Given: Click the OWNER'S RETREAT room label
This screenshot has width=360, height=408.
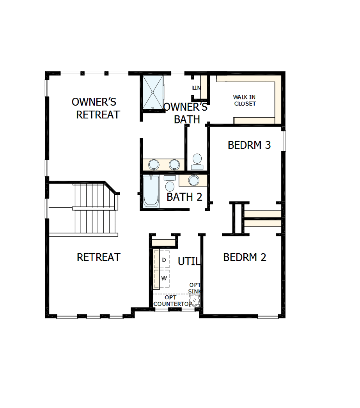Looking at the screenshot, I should [96, 108].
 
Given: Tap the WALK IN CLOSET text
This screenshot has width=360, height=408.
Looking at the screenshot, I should [245, 101].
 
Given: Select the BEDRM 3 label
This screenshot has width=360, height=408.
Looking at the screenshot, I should [249, 145].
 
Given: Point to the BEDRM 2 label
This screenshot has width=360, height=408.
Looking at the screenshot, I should [245, 257].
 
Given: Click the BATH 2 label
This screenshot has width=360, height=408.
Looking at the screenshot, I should [184, 197].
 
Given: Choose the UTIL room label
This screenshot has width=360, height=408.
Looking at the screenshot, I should [189, 261].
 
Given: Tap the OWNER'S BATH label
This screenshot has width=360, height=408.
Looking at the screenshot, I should [186, 113].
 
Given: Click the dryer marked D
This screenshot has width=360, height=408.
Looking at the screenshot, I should [164, 260].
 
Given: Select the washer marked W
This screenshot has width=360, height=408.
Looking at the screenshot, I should [164, 278].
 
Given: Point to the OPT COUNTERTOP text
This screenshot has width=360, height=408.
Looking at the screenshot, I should [172, 301].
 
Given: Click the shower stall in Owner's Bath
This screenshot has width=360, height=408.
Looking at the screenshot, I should [153, 92].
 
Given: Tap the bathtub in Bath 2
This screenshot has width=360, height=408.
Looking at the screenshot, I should [151, 191].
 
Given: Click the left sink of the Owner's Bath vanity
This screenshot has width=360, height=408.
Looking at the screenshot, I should [154, 164].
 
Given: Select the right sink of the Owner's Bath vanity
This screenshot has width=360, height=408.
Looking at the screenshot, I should [174, 164].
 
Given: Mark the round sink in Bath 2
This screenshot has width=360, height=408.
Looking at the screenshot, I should [193, 180].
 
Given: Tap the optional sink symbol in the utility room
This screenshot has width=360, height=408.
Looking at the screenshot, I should [194, 300].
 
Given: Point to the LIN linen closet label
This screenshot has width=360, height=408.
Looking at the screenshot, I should [196, 88].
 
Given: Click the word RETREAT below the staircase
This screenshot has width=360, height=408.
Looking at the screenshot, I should [99, 257].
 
